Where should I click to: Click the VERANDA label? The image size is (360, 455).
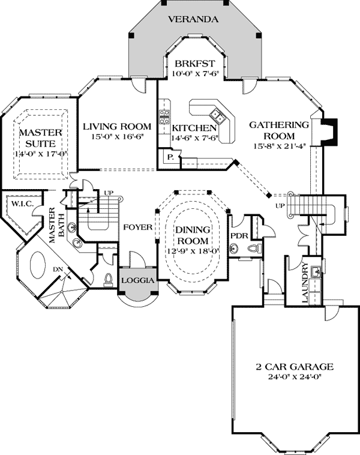[x=193, y=19]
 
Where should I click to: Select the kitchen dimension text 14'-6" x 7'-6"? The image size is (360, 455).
[x=193, y=138]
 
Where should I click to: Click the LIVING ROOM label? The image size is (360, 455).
[x=116, y=126]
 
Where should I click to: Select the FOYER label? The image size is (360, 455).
[x=136, y=227]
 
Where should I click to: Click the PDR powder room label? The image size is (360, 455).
[x=239, y=235]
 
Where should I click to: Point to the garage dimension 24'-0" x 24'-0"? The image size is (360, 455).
[x=293, y=377]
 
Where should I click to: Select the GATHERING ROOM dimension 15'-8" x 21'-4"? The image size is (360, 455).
[x=279, y=145]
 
